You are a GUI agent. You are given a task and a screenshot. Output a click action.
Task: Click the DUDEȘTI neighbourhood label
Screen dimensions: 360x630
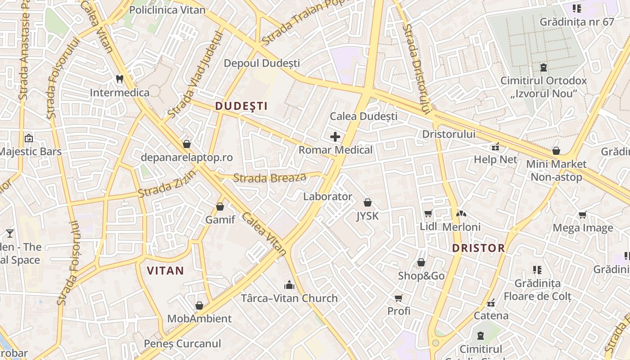click(241, 106)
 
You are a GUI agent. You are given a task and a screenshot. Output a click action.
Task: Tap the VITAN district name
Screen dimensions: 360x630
click(165, 270)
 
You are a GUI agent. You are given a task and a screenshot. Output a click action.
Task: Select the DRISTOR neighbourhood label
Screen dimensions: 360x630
click(478, 248)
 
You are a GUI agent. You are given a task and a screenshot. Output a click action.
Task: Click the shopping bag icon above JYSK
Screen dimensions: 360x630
click(368, 202)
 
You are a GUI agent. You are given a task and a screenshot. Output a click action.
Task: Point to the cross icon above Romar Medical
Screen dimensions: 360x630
click(335, 136)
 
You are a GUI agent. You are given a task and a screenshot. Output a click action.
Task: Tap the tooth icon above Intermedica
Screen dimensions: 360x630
click(119, 79)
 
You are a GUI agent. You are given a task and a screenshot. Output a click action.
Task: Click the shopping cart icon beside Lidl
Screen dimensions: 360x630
click(428, 213)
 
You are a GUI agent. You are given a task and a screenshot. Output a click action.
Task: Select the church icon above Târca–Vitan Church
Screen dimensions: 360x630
click(289, 285)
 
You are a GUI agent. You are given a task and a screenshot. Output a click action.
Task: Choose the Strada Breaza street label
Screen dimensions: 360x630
click(270, 178)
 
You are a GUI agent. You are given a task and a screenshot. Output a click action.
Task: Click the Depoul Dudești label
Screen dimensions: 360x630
click(262, 63)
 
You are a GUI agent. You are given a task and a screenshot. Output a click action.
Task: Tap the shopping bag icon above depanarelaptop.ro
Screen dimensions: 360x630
click(186, 144)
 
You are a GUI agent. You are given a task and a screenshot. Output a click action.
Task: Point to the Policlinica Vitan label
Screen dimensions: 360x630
click(167, 10)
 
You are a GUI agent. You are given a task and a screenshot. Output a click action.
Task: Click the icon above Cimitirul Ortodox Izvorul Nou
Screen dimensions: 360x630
click(544, 67)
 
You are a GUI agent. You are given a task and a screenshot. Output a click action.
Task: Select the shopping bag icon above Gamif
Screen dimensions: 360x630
click(220, 207)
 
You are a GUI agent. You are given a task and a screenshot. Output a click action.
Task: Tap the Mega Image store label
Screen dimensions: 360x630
click(583, 228)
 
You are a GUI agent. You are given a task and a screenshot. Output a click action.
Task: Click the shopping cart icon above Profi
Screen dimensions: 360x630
click(398, 298)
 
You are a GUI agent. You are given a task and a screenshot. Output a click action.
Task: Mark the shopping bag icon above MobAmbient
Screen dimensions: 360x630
click(199, 306)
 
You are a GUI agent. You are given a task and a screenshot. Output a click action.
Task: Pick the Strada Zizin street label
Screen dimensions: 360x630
click(167, 184)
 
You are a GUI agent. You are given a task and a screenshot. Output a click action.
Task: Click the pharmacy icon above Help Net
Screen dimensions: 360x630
click(495, 146)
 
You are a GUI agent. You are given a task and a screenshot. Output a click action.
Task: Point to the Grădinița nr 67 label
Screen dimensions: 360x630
click(577, 22)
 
